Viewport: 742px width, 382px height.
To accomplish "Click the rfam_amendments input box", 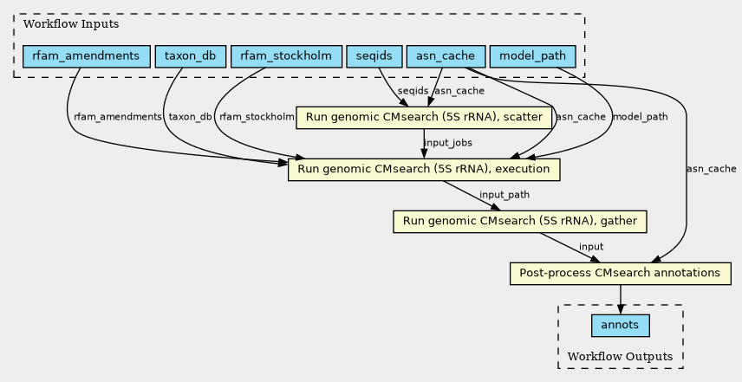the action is pyautogui.click(x=87, y=56).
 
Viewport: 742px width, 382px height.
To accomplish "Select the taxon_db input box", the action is pyautogui.click(x=191, y=56).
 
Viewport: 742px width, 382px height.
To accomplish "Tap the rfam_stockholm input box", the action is pyautogui.click(x=286, y=56).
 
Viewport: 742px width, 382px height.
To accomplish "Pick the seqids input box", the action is pyautogui.click(x=374, y=56).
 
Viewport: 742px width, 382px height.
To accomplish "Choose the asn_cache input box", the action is pyautogui.click(x=446, y=56).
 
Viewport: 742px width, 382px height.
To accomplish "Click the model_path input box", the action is pyautogui.click(x=533, y=56).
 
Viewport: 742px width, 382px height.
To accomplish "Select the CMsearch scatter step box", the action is pyautogui.click(x=424, y=118).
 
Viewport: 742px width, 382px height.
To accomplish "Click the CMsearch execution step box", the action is pyautogui.click(x=424, y=170).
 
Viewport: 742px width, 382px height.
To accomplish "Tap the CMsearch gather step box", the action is pyautogui.click(x=520, y=222).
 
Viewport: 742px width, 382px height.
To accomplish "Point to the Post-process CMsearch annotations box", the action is pyautogui.click(x=621, y=274).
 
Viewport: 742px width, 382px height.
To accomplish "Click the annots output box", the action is pyautogui.click(x=621, y=326).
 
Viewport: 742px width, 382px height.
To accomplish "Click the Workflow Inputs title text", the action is pyautogui.click(x=71, y=24).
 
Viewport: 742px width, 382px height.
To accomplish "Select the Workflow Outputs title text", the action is pyautogui.click(x=621, y=357).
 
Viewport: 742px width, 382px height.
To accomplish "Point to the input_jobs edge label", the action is pyautogui.click(x=448, y=143).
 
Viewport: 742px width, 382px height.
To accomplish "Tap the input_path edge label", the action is pyautogui.click(x=504, y=195).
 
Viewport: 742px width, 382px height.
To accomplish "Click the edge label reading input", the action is pyautogui.click(x=591, y=247).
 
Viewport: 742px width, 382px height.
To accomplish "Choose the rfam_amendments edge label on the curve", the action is pyautogui.click(x=118, y=117).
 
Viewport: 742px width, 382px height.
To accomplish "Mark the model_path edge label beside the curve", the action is pyautogui.click(x=641, y=117).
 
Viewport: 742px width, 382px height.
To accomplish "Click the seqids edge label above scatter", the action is pyautogui.click(x=413, y=91).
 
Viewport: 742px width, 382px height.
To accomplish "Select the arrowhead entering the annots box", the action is pyautogui.click(x=621, y=310).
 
